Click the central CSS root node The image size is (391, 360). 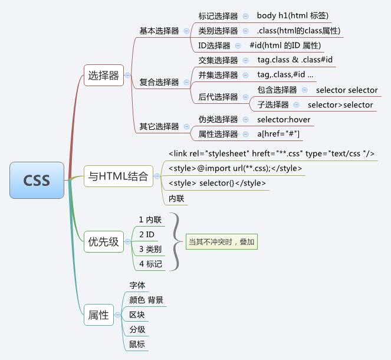[x=37, y=180]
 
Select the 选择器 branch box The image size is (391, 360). [x=103, y=76]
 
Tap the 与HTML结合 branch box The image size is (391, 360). [x=118, y=176]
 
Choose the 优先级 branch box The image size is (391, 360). [x=103, y=242]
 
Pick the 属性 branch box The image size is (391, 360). [x=98, y=315]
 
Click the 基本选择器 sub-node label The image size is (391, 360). [x=159, y=31]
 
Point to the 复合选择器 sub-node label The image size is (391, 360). [x=159, y=83]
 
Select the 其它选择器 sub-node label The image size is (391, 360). [x=159, y=126]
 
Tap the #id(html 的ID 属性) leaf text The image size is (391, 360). [x=285, y=45]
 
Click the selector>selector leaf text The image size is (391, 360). [x=340, y=105]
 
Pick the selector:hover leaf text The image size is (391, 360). [x=284, y=120]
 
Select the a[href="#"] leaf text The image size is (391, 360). [x=279, y=135]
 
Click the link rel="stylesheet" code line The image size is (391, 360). [x=271, y=153]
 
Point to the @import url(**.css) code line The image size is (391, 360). [x=235, y=168]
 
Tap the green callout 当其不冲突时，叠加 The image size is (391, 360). [x=222, y=241]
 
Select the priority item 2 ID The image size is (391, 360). [x=146, y=234]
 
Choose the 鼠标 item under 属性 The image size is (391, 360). [x=137, y=343]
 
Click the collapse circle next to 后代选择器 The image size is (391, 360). [x=247, y=97]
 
